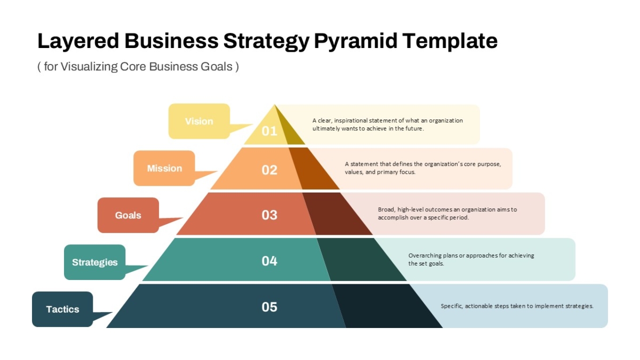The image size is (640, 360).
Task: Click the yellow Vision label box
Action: point(199,121)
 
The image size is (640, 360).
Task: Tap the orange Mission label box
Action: point(164,169)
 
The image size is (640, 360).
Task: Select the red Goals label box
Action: point(129,215)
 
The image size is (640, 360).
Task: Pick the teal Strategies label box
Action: point(95,262)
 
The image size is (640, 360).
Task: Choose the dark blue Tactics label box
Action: point(62,309)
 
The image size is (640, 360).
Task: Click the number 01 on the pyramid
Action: point(269,131)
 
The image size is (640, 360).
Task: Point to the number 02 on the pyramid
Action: point(269,170)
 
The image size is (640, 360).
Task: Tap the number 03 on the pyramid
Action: point(269,215)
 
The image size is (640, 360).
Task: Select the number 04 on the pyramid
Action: point(269,261)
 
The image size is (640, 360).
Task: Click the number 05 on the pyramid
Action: point(269,307)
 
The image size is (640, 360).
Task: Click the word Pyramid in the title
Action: point(356,42)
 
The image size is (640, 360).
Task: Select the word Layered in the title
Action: point(78,42)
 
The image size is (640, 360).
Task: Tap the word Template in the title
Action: point(450,42)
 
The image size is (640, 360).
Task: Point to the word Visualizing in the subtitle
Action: point(89,67)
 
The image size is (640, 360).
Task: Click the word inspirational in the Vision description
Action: point(351,121)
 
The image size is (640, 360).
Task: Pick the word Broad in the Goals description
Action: point(386,210)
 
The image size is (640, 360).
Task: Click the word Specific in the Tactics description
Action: point(451,306)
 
